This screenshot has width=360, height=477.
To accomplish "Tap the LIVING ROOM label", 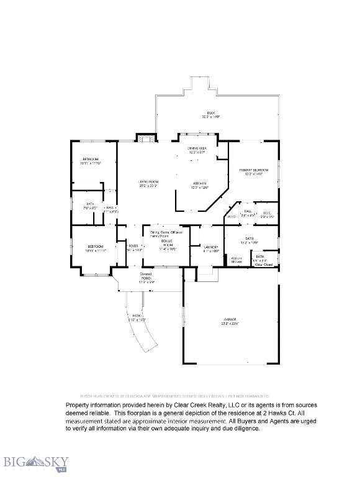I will pyautogui.click(x=147, y=183).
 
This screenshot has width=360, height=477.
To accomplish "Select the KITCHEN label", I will pyautogui.click(x=200, y=184).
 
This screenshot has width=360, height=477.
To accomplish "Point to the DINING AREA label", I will pyautogui.click(x=198, y=148).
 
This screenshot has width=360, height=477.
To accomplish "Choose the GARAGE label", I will pyautogui.click(x=230, y=320).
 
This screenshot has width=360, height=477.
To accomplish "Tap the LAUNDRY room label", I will pyautogui.click(x=211, y=248).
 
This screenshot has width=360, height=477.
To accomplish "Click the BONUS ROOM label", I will pyautogui.click(x=168, y=243).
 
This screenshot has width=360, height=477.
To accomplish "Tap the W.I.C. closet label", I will pyautogui.click(x=268, y=215).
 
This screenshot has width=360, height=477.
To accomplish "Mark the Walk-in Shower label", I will pyautogui.click(x=236, y=260).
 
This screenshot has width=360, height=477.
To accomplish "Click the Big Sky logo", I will pyautogui.click(x=35, y=463).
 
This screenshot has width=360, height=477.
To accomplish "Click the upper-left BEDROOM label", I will pyautogui.click(x=91, y=161).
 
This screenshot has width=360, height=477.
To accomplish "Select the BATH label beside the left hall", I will pyautogui.click(x=89, y=206).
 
